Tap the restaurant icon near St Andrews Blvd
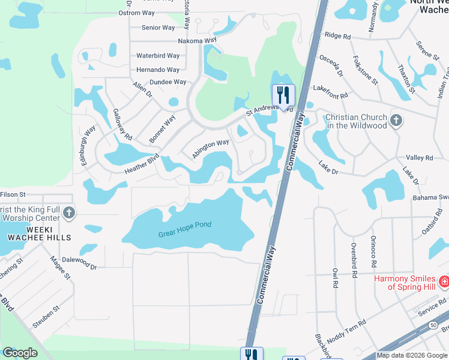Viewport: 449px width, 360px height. [x=283, y=95]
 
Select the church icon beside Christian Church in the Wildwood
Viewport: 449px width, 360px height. [x=395, y=121]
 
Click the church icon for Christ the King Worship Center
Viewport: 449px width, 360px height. [x=69, y=213]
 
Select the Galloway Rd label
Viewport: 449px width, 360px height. [x=122, y=125]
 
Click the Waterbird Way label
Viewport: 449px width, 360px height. [x=158, y=56]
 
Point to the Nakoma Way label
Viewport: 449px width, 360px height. [x=197, y=41]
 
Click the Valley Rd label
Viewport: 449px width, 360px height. [x=420, y=157]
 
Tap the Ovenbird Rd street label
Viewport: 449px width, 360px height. [x=354, y=259]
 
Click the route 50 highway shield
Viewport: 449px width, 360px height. [x=433, y=325]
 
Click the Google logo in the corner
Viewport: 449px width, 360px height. [x=20, y=353]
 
